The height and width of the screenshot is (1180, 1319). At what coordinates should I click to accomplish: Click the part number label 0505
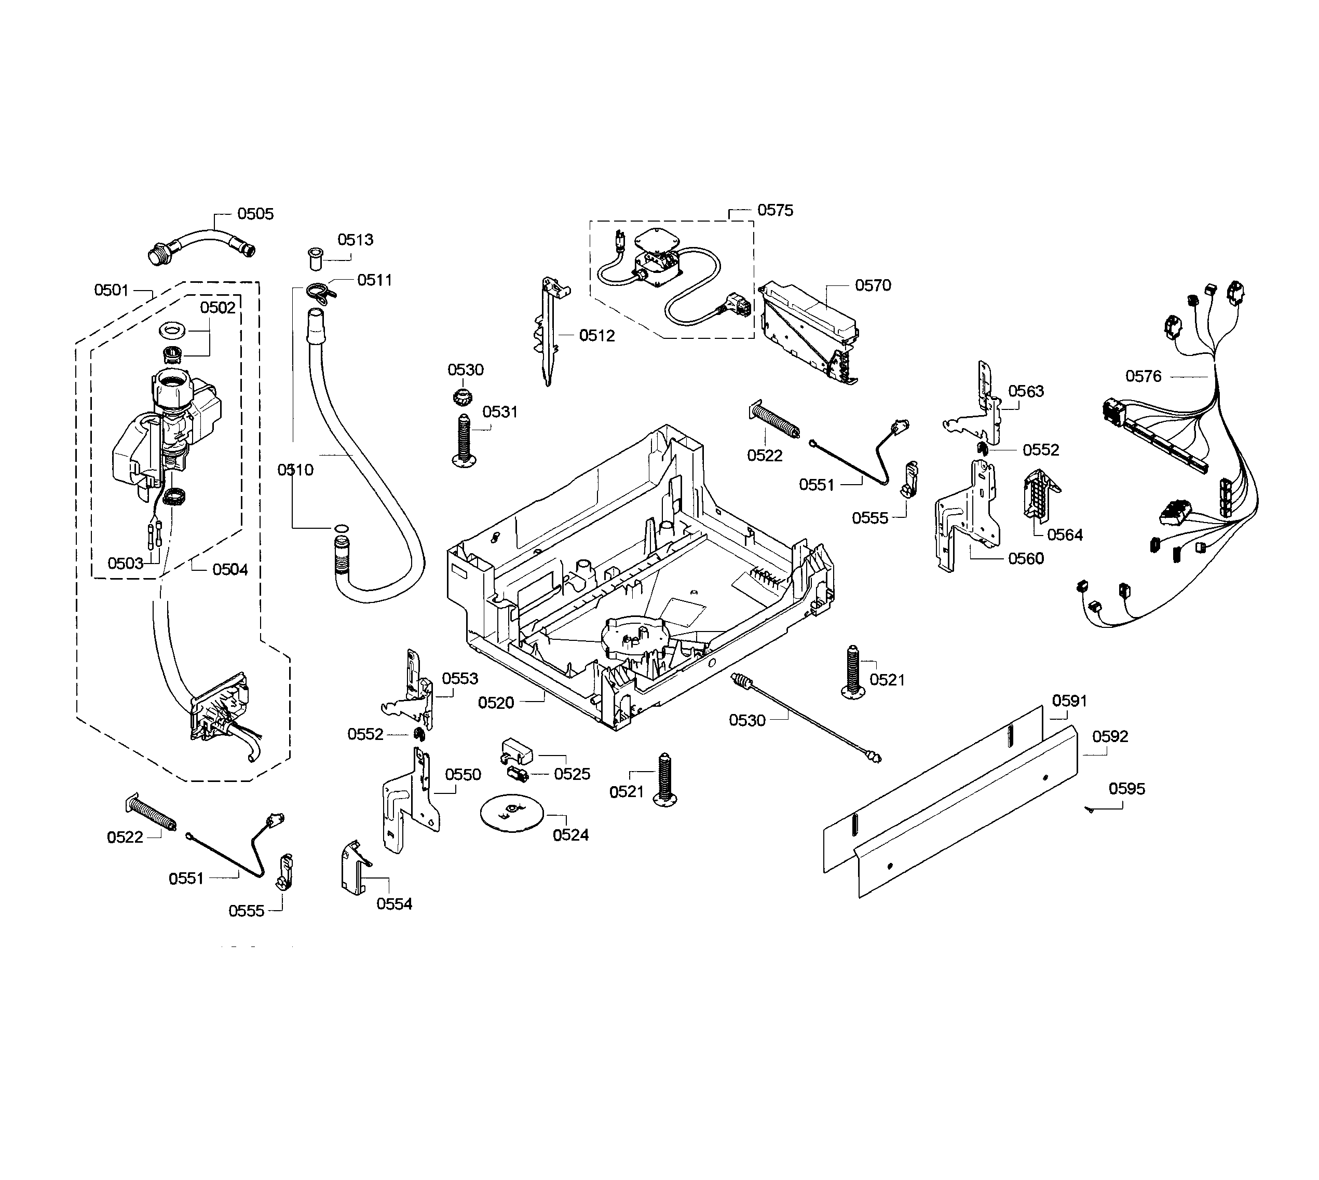click(x=255, y=214)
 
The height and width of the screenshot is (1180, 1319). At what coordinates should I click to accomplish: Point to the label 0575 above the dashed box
click(x=775, y=210)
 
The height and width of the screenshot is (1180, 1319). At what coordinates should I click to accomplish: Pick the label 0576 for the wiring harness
click(x=1143, y=376)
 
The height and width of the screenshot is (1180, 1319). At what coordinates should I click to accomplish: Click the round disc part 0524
click(x=509, y=813)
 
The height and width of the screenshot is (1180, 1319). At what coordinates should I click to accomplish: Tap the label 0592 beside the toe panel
click(x=1110, y=736)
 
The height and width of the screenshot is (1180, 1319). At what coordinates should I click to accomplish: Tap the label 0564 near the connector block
click(x=1065, y=535)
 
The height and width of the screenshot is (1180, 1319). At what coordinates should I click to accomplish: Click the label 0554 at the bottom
click(x=395, y=904)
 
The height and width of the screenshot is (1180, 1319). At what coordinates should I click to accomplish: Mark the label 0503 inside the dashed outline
click(x=125, y=564)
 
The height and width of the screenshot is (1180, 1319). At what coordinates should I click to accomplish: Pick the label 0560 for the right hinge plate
click(x=1026, y=559)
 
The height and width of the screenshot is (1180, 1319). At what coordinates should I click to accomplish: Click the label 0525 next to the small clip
click(x=572, y=774)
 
